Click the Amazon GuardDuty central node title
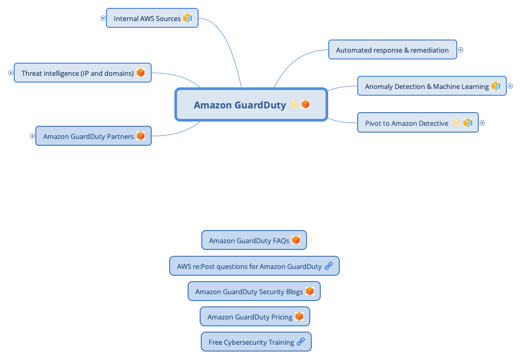click(240, 105)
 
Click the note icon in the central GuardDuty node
click(294, 104)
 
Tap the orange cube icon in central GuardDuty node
click(306, 104)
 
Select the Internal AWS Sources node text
click(147, 18)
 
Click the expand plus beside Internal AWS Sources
click(103, 18)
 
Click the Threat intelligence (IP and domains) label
click(77, 73)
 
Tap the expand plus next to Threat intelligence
click(11, 73)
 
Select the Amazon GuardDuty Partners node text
click(89, 136)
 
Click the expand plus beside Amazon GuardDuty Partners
click(32, 136)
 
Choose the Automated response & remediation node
click(392, 50)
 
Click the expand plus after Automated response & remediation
click(460, 50)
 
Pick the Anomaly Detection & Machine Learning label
click(427, 86)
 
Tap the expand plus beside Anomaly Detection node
click(510, 86)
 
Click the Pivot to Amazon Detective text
click(406, 123)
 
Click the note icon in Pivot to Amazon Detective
click(457, 123)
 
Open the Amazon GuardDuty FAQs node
click(249, 241)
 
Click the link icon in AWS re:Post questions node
click(329, 266)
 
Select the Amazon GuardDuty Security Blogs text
click(249, 292)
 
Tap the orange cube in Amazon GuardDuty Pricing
click(299, 316)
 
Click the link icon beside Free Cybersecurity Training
click(301, 342)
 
